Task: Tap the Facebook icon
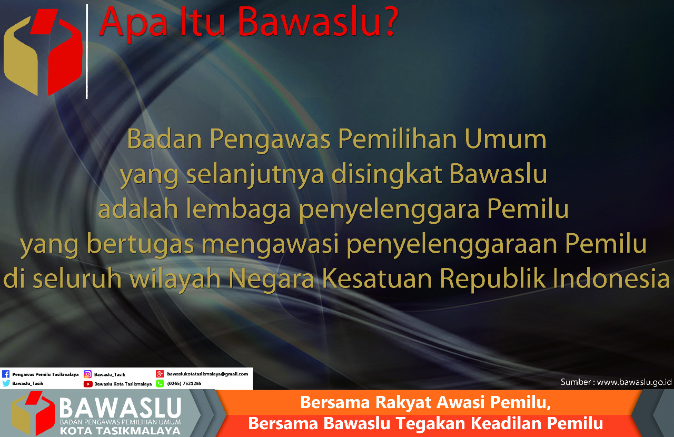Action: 6,374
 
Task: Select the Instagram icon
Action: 87,374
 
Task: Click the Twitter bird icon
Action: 6,383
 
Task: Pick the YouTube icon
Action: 88,384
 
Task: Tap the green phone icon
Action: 160,383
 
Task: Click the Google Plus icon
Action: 160,374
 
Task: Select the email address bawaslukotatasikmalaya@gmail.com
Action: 207,374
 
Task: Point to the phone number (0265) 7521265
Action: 184,383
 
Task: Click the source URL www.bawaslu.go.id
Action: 634,382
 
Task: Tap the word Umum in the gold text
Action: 505,139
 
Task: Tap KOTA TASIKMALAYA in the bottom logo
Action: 120,431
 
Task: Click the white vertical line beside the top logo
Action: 87,52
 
